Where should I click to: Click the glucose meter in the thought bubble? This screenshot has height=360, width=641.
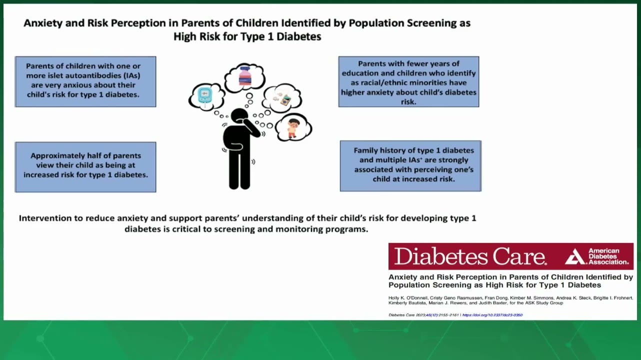(x=205, y=95)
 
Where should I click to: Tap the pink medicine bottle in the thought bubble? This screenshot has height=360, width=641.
(x=245, y=76)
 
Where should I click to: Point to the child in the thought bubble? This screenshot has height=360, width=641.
(x=293, y=128)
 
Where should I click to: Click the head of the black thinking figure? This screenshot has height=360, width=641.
(x=239, y=116)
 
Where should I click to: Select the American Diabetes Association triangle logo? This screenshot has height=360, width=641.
(x=575, y=256)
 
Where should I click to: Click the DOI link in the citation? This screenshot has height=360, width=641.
(x=492, y=315)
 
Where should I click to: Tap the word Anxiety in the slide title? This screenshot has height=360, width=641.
(x=43, y=23)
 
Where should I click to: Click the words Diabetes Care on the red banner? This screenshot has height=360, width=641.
(x=470, y=256)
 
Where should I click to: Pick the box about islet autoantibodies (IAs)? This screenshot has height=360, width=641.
(x=85, y=81)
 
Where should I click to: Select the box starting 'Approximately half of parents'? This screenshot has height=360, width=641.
(x=85, y=167)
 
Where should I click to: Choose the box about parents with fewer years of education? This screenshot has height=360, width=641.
(x=408, y=81)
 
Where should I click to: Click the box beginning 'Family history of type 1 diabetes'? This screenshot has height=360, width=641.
(x=410, y=166)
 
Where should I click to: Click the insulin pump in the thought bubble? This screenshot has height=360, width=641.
(x=285, y=101)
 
